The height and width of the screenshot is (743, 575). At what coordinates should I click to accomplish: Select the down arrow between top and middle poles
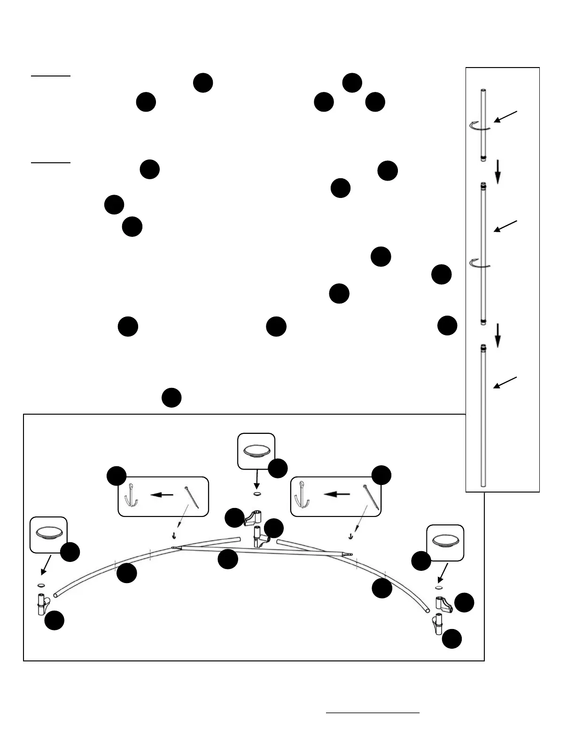click(498, 172)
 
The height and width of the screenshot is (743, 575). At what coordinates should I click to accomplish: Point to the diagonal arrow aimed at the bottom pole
click(505, 383)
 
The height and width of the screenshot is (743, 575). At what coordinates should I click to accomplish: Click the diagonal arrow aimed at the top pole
click(505, 117)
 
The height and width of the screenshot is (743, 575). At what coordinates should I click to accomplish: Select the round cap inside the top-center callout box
click(256, 451)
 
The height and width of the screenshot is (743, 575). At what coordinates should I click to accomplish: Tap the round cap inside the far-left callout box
click(48, 533)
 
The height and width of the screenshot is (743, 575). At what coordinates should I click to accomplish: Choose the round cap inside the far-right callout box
click(445, 541)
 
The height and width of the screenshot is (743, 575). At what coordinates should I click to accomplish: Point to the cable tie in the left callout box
click(192, 496)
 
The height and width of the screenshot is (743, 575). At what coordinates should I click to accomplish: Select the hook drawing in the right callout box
click(300, 497)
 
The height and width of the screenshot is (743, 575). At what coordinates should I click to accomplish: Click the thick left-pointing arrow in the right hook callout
click(337, 494)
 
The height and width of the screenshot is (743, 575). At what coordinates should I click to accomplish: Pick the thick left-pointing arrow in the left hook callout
click(162, 494)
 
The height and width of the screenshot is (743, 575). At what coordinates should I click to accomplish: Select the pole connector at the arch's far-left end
click(42, 604)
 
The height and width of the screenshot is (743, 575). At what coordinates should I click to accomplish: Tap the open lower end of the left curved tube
click(56, 595)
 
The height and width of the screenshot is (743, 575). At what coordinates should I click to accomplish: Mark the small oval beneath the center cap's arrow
click(256, 493)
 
